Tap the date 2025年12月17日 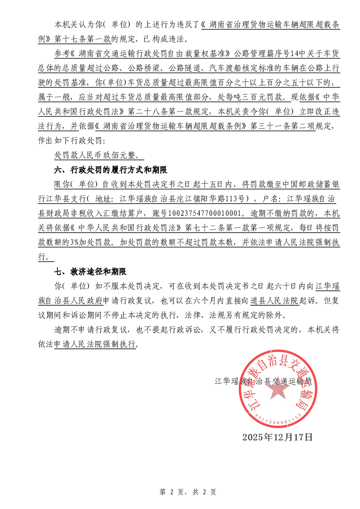[277, 437]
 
